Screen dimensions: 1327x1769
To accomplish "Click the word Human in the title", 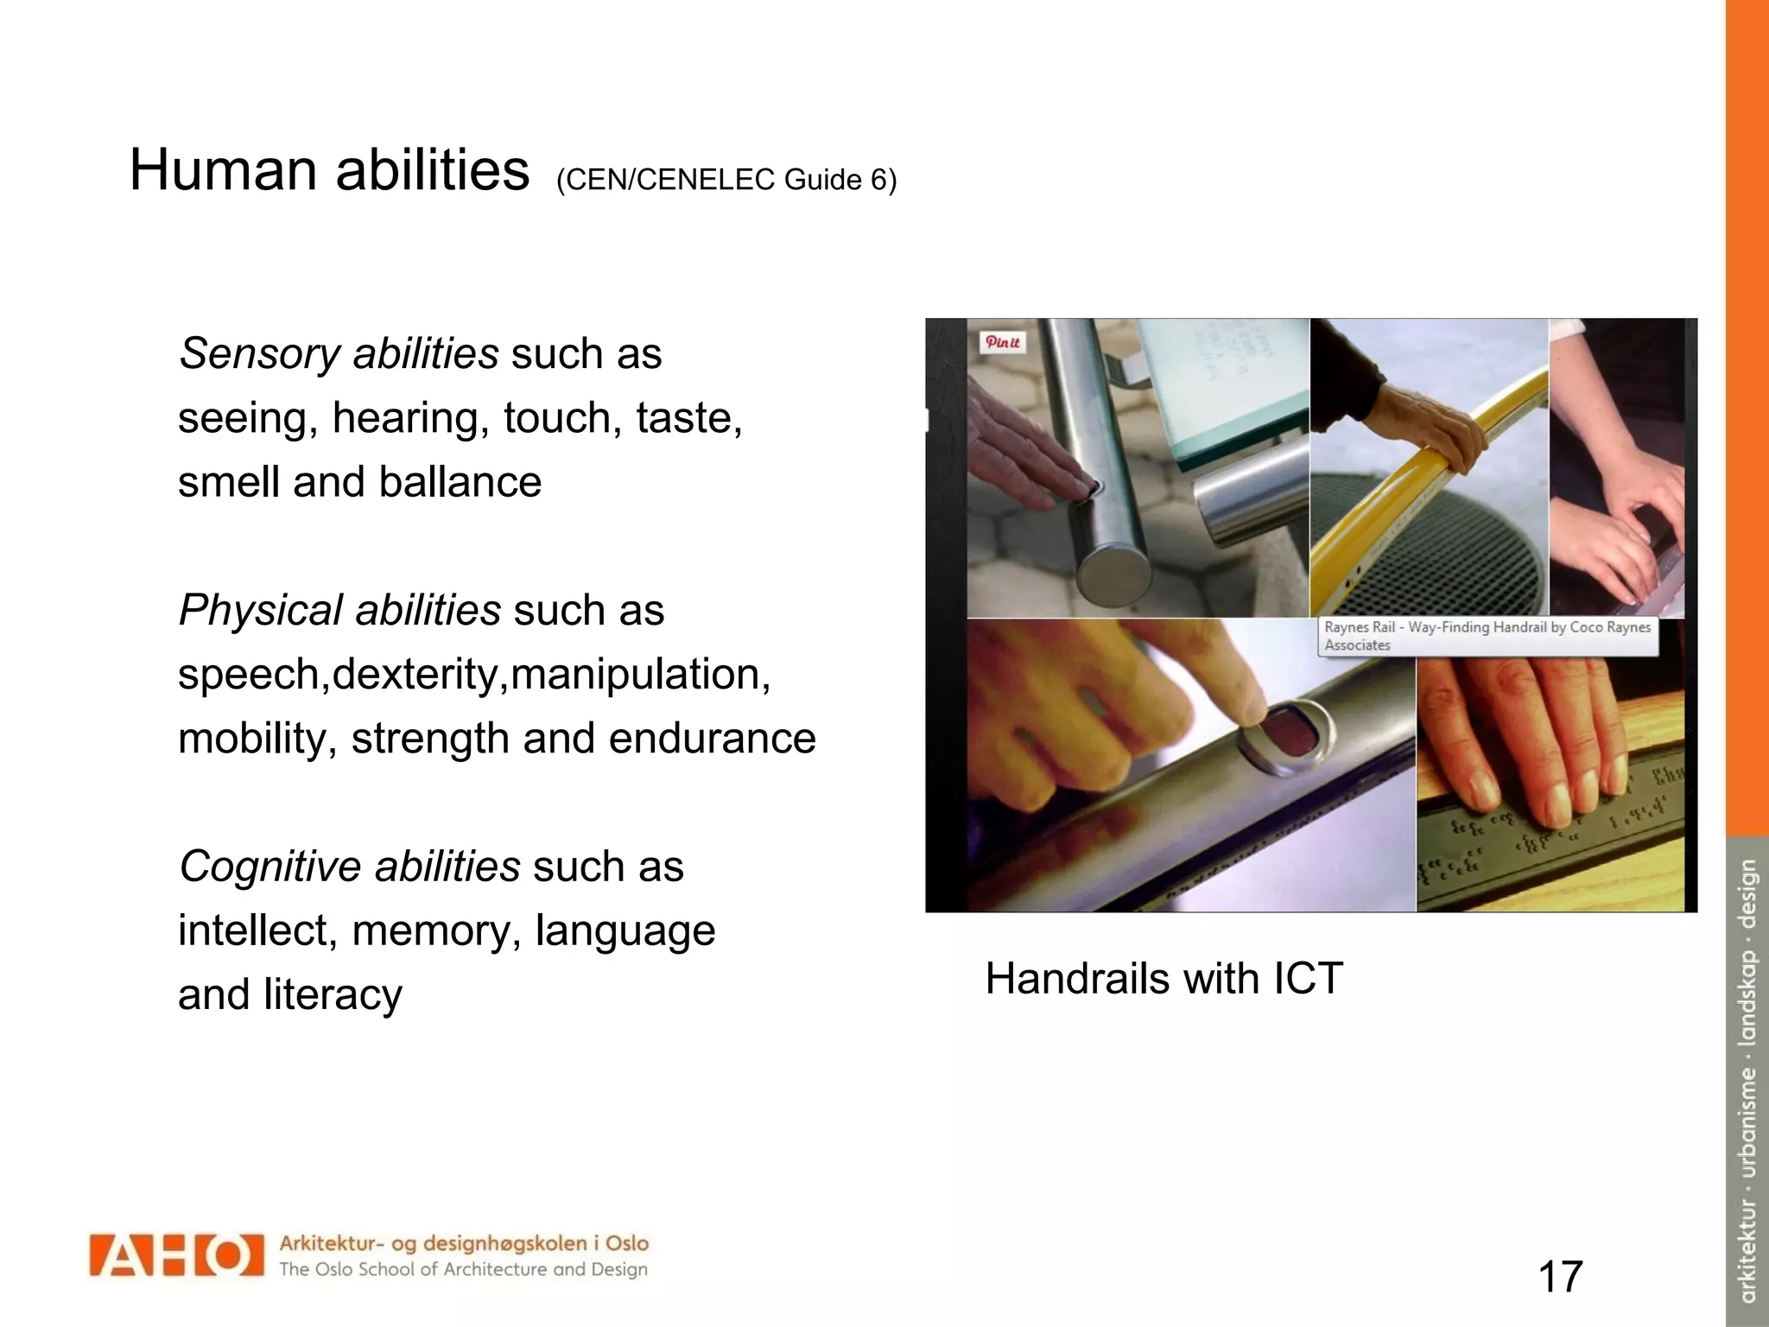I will tap(223, 170).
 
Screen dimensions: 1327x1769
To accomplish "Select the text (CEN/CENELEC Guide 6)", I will tap(726, 180).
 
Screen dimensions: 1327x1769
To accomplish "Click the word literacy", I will tap(333, 994).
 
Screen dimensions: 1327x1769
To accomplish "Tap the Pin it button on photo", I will tap(1002, 342).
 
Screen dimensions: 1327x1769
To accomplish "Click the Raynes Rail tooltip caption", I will tap(1487, 636).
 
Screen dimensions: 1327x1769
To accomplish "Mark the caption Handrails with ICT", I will tap(1163, 980).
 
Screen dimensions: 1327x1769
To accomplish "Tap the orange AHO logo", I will tap(176, 1255).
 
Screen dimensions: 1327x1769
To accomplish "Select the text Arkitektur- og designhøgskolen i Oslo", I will tap(463, 1244).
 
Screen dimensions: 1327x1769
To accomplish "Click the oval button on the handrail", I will tap(1286, 731).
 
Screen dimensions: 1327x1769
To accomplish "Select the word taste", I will tap(688, 418).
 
